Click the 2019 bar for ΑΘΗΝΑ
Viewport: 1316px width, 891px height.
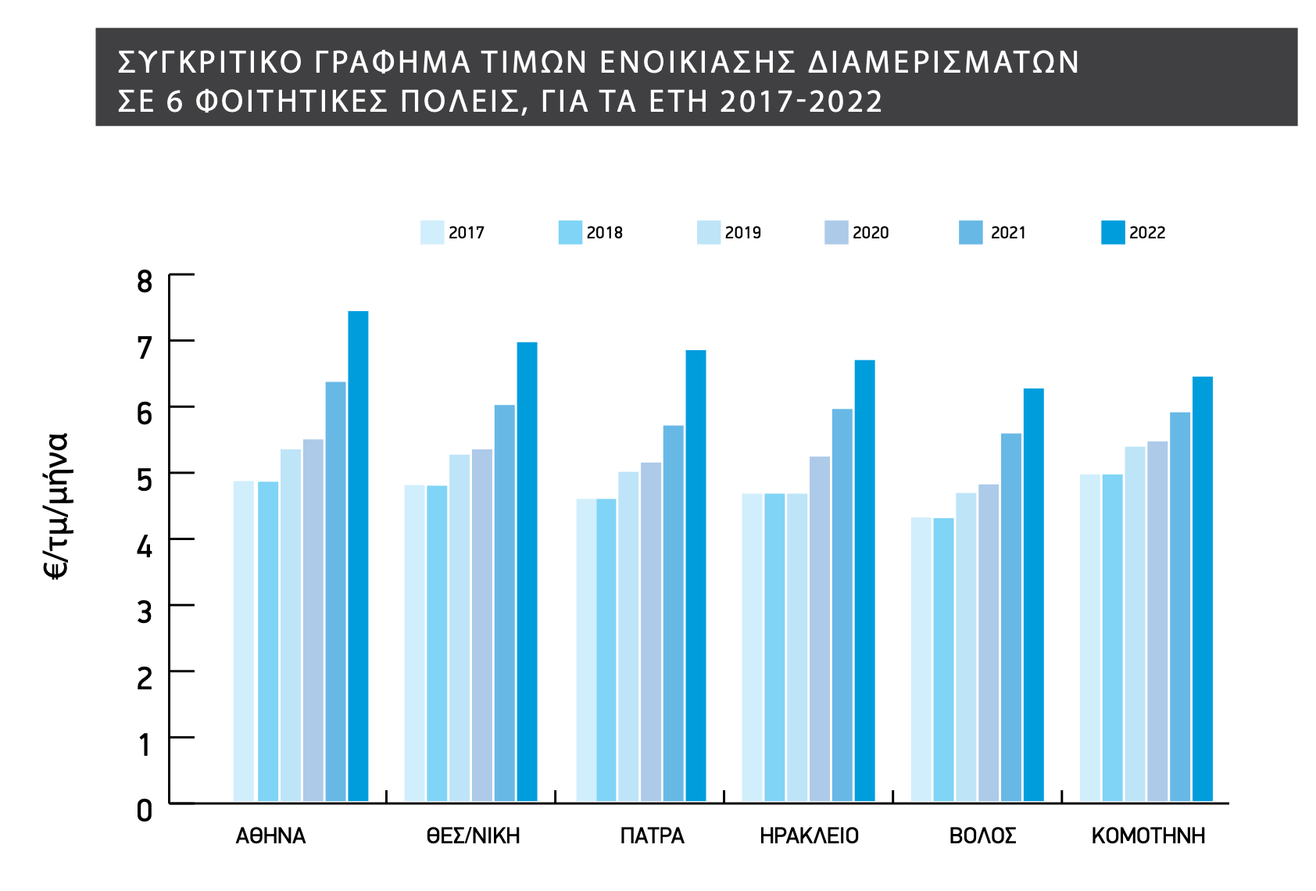(291, 625)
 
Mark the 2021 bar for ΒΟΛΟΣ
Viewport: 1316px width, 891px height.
(1011, 617)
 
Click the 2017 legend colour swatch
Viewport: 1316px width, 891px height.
(432, 233)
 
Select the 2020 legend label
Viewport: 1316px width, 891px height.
(871, 233)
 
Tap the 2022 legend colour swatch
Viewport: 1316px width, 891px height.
(1113, 233)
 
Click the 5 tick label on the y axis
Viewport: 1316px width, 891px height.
(145, 479)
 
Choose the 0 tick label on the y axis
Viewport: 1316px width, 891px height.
(145, 811)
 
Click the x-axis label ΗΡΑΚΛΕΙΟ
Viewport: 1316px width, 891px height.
(809, 836)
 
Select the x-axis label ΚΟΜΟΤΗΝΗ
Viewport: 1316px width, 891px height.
(1148, 836)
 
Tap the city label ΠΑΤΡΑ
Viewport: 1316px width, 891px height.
(652, 836)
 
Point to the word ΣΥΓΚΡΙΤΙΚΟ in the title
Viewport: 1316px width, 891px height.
(209, 63)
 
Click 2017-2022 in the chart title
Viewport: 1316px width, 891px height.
(801, 102)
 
